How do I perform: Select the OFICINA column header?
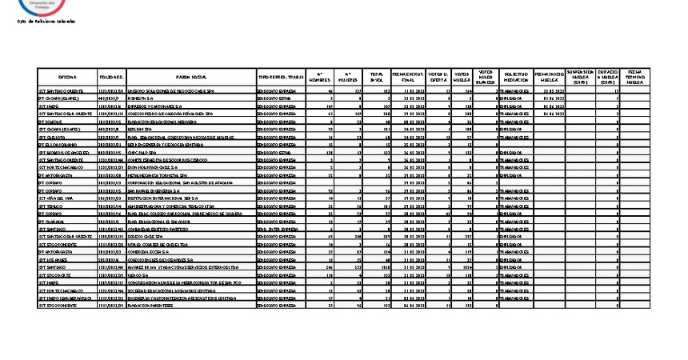tap(67, 77)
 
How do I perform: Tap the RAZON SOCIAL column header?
tap(190, 77)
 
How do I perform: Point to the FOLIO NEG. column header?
tap(111, 77)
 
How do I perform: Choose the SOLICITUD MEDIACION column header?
tap(515, 77)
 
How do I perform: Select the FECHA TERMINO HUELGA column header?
tap(635, 77)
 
